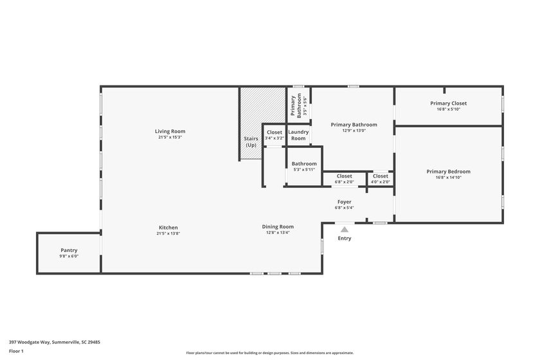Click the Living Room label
[x=170, y=131]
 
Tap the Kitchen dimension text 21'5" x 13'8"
[x=168, y=233]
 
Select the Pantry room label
[x=69, y=251]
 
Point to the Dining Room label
[x=278, y=227]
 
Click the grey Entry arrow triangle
[x=345, y=230]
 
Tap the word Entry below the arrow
[x=345, y=239]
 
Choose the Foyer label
[x=345, y=202]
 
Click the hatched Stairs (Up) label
[x=251, y=141]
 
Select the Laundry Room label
[x=298, y=135]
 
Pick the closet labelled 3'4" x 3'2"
[x=274, y=135]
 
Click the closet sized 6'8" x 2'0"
[x=345, y=179]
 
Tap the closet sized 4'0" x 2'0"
[x=380, y=179]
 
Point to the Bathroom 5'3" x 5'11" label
[x=304, y=166]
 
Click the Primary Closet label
[x=449, y=104]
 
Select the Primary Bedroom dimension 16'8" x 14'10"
[x=449, y=178]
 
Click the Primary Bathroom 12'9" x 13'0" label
[x=354, y=127]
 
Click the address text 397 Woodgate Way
[x=30, y=343]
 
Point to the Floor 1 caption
[x=16, y=352]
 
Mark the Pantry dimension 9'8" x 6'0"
[x=69, y=256]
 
